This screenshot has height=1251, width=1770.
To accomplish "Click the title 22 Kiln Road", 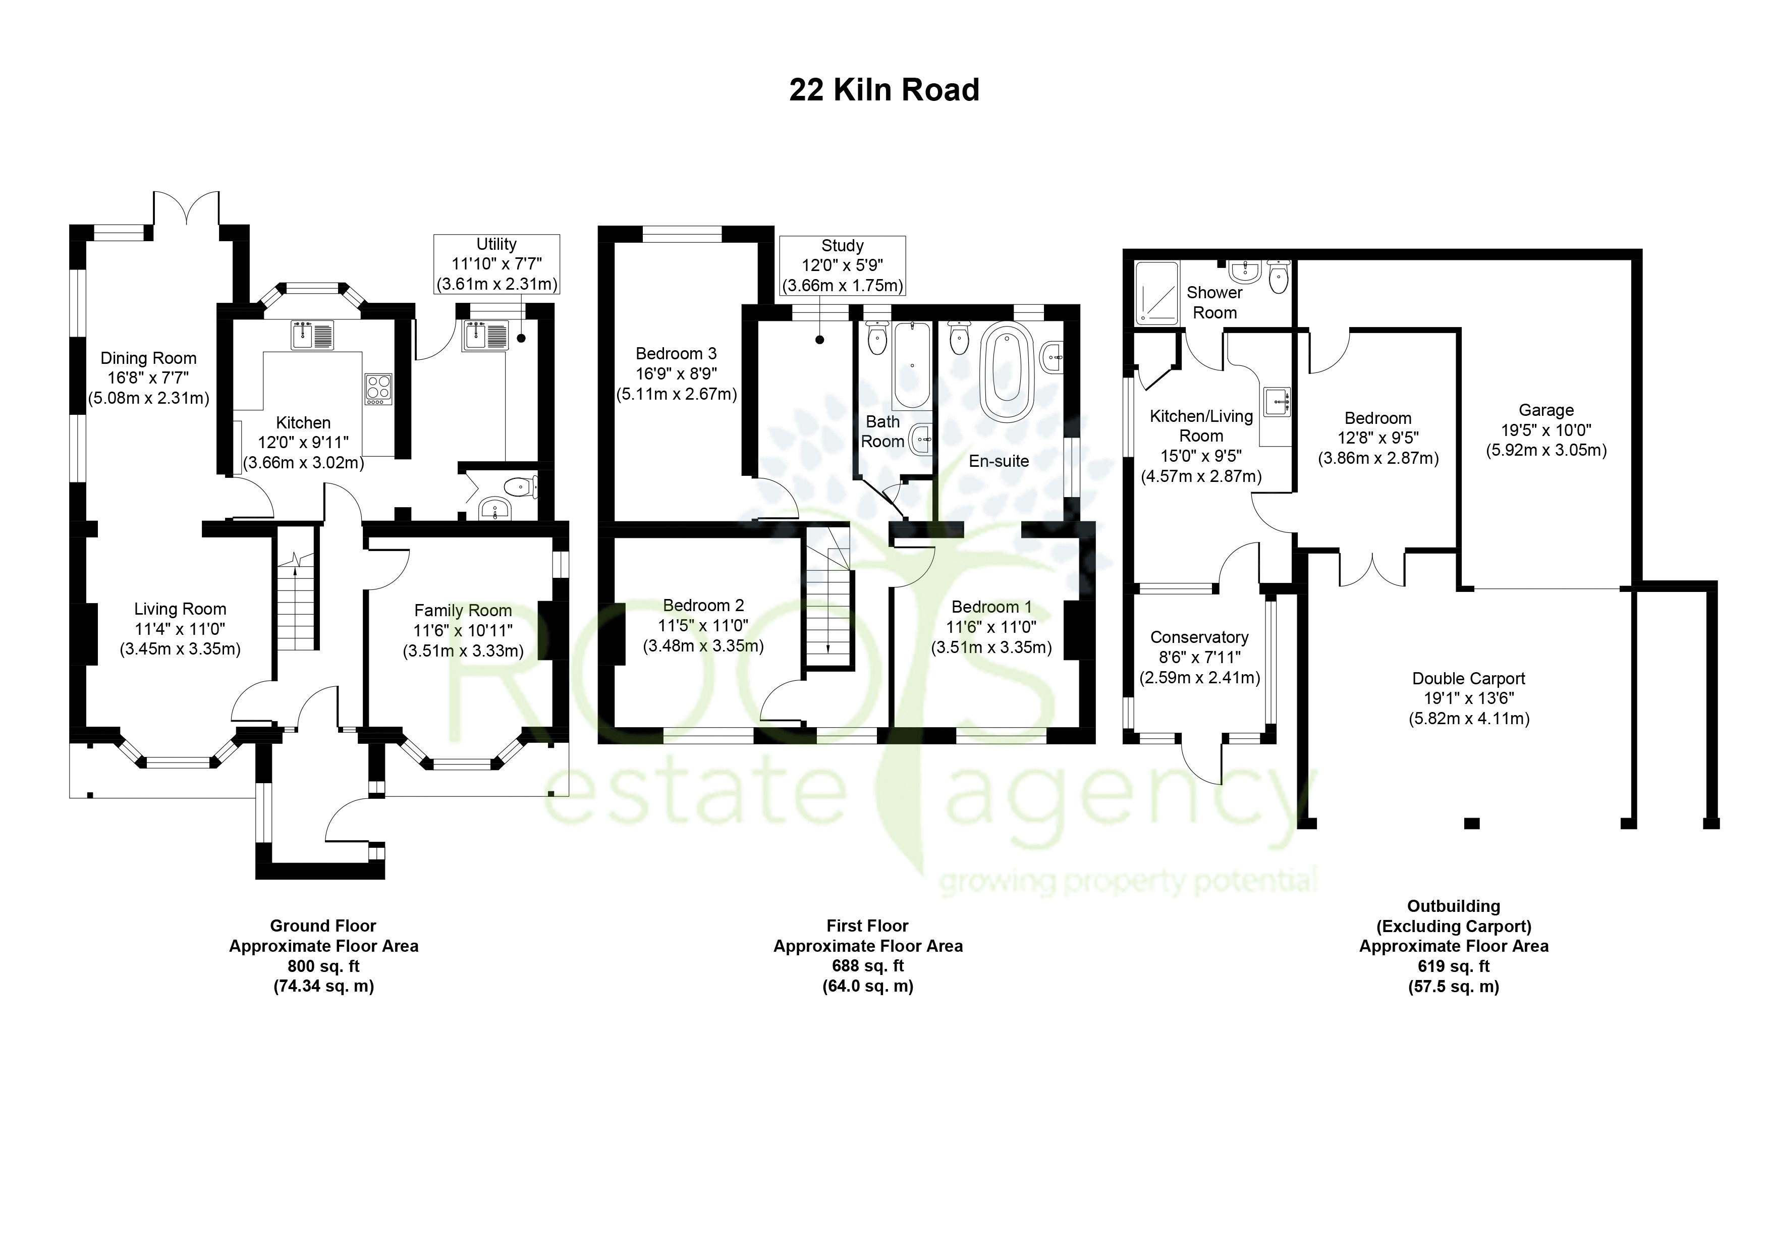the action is point(883,90).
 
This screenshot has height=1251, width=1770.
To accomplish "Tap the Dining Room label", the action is point(148,358).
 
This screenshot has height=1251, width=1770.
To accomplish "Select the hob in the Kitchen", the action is point(378,389).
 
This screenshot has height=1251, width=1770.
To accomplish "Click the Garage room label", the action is point(1545,410).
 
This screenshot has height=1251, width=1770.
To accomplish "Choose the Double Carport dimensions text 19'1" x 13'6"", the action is point(1469,698).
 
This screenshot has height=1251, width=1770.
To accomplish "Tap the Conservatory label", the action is point(1199,637).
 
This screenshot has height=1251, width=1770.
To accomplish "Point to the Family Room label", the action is point(463,611).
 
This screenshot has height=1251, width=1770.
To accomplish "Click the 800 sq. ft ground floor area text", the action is point(324,966).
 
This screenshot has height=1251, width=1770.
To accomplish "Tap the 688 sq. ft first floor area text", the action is point(868,966).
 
